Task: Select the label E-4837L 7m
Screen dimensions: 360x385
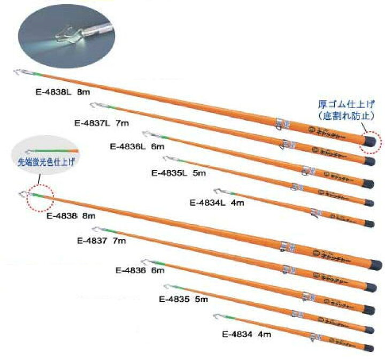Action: pos(102,123)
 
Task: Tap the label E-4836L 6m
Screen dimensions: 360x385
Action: pos(136,145)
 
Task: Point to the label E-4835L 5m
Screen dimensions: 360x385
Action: pos(178,173)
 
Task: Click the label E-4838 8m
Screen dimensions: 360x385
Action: pos(71,216)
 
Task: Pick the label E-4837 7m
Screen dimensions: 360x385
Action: pos(102,241)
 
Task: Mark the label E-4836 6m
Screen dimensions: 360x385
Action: pos(140,270)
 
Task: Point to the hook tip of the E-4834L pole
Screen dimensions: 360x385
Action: pos(217,190)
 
